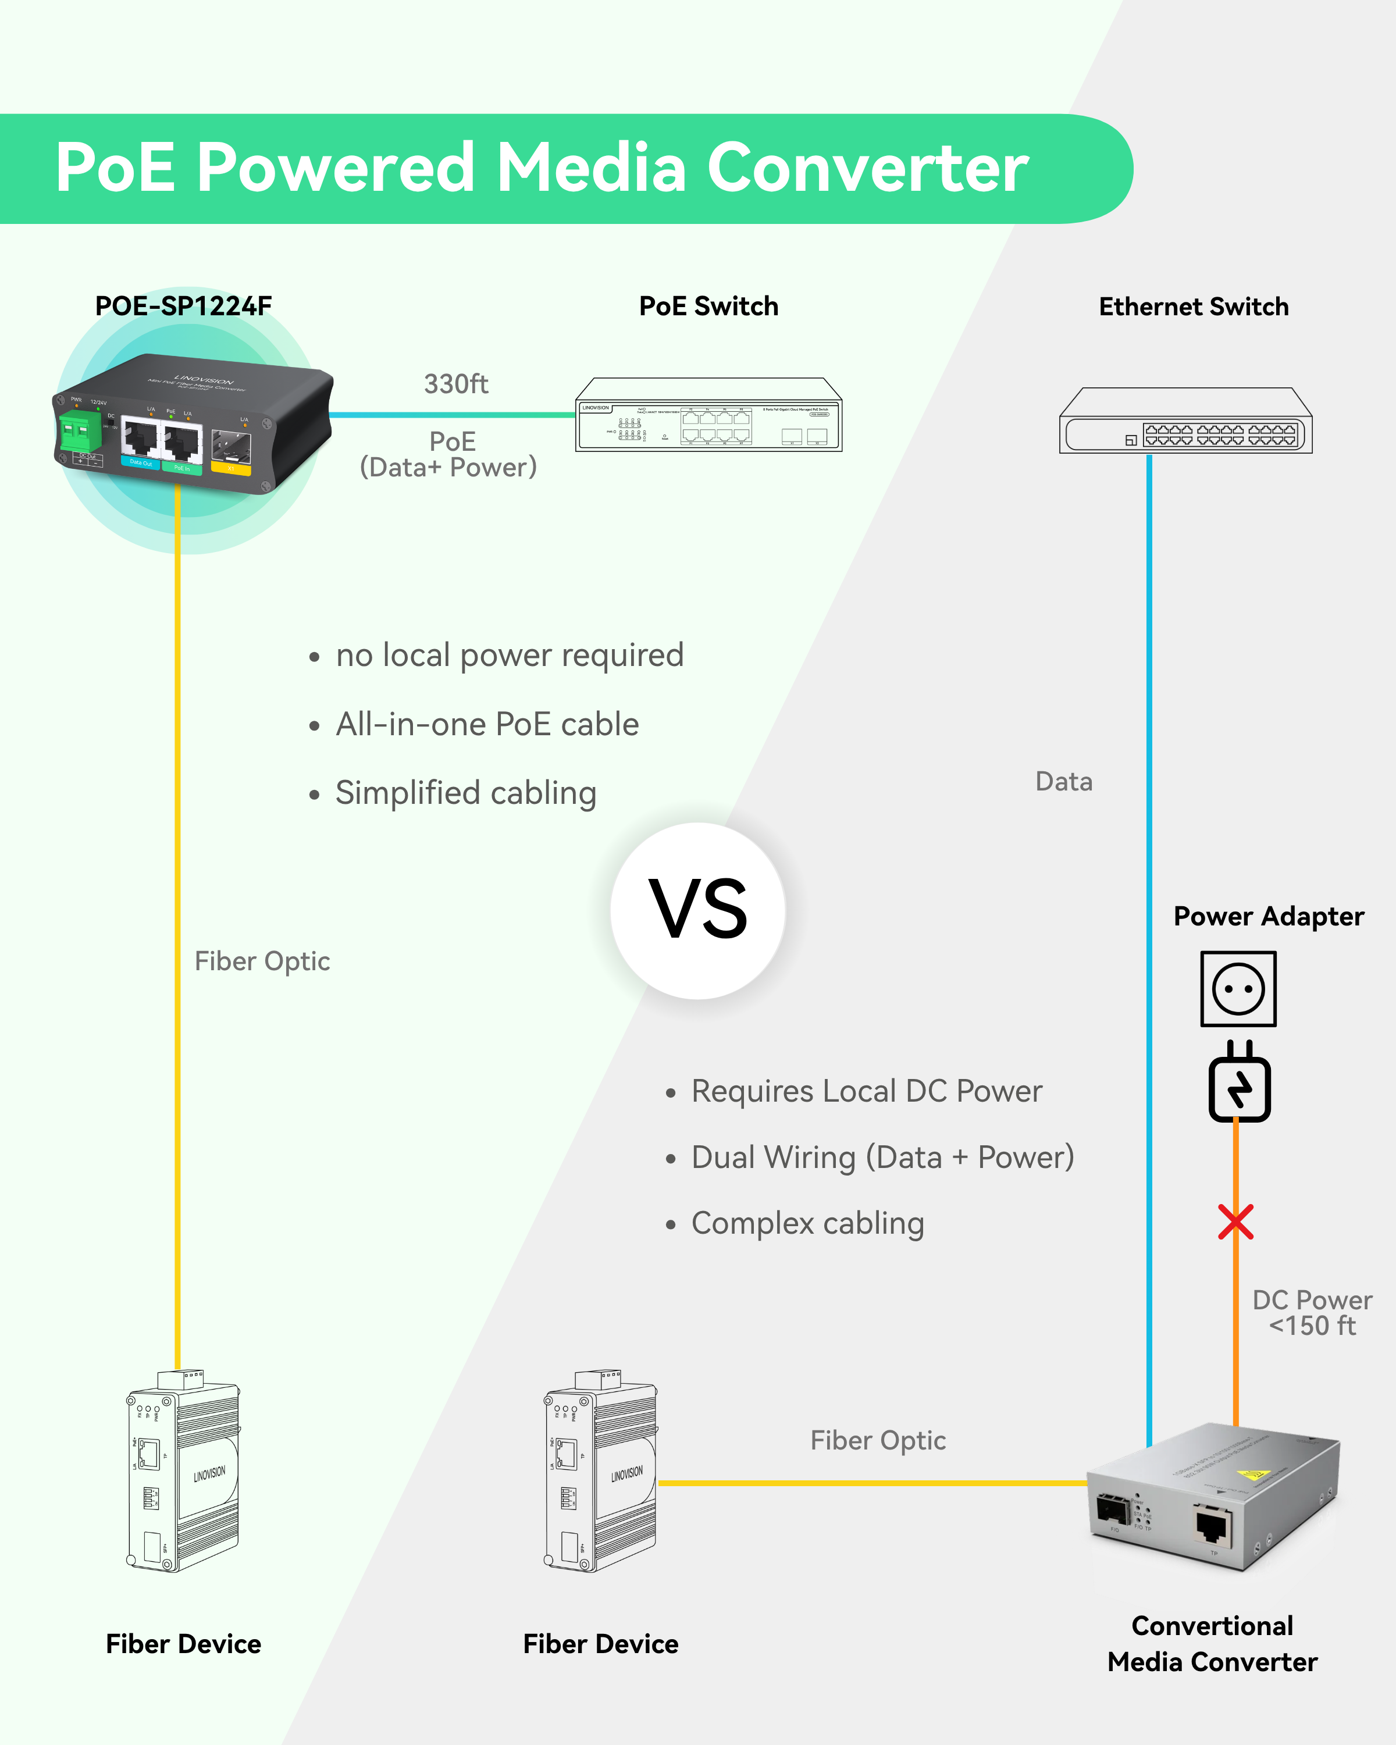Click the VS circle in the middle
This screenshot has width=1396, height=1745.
pyautogui.click(x=697, y=910)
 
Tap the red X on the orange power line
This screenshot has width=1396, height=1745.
pyautogui.click(x=1236, y=1222)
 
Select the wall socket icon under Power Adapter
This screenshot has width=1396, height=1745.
pyautogui.click(x=1238, y=988)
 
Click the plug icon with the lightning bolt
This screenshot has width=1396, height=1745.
pyautogui.click(x=1239, y=1085)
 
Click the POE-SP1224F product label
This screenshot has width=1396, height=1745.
pyautogui.click(x=184, y=306)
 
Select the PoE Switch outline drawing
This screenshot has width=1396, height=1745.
pyautogui.click(x=709, y=414)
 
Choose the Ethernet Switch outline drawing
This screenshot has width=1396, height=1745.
pyautogui.click(x=1185, y=421)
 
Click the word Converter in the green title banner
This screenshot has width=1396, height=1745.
pyautogui.click(x=867, y=168)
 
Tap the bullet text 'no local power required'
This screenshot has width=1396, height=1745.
pyautogui.click(x=510, y=655)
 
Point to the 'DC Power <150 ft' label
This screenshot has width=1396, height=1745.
pyautogui.click(x=1312, y=1313)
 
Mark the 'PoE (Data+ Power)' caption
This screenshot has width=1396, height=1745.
pyautogui.click(x=449, y=454)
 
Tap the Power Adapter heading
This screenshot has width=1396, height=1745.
pyautogui.click(x=1268, y=916)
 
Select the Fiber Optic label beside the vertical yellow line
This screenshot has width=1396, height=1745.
pyautogui.click(x=262, y=961)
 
